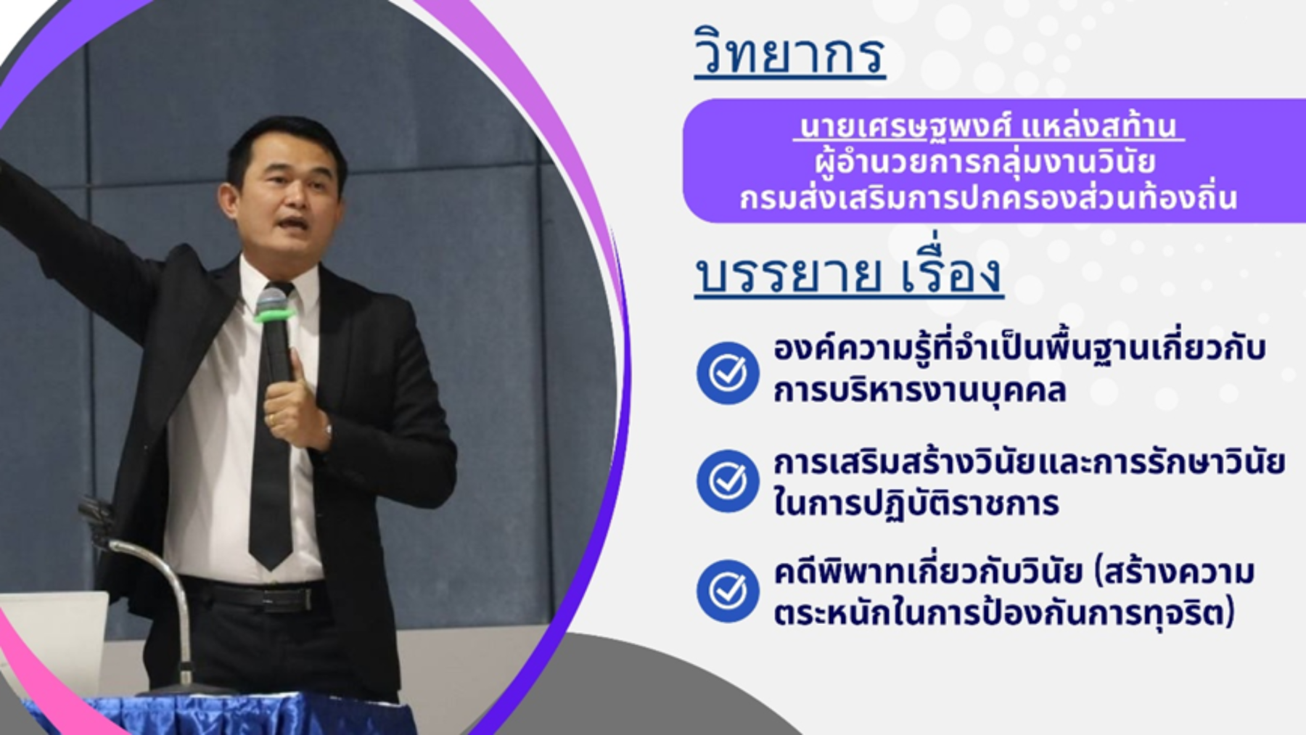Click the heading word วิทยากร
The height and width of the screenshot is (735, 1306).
pyautogui.click(x=789, y=52)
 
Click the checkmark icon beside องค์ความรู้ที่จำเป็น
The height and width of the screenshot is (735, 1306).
pyautogui.click(x=728, y=372)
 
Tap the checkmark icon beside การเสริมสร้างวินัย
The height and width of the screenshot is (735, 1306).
pyautogui.click(x=728, y=480)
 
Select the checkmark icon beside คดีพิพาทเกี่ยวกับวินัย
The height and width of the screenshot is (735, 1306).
pyautogui.click(x=728, y=591)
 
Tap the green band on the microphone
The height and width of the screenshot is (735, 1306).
pyautogui.click(x=274, y=316)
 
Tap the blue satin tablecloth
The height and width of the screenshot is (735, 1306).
pyautogui.click(x=218, y=715)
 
